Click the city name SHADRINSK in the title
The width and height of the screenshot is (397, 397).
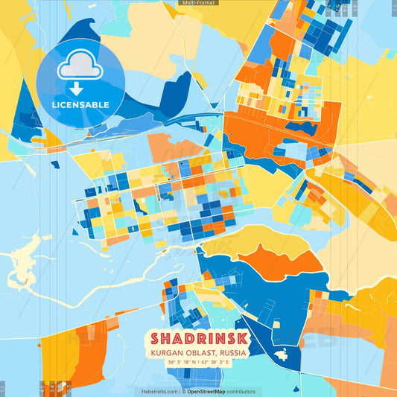tap(197, 338)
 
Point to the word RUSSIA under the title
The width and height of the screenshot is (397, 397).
tap(232, 352)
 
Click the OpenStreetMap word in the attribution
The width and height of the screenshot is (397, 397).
tap(207, 391)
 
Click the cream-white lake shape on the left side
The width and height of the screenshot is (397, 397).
tap(26, 264)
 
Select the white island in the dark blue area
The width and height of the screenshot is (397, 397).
tap(282, 355)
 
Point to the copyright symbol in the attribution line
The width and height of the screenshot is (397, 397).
tap(183, 391)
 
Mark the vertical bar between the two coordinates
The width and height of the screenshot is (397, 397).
tap(198, 363)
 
